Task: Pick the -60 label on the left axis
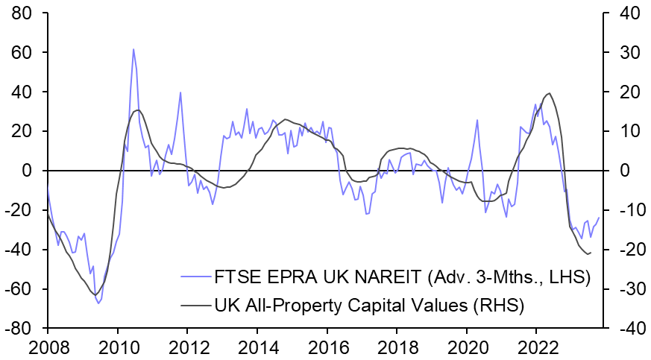[23, 289]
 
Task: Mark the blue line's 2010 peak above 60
[133, 49]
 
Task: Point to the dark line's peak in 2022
[550, 93]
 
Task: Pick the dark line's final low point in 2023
[588, 254]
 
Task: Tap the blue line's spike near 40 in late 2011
[180, 92]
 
